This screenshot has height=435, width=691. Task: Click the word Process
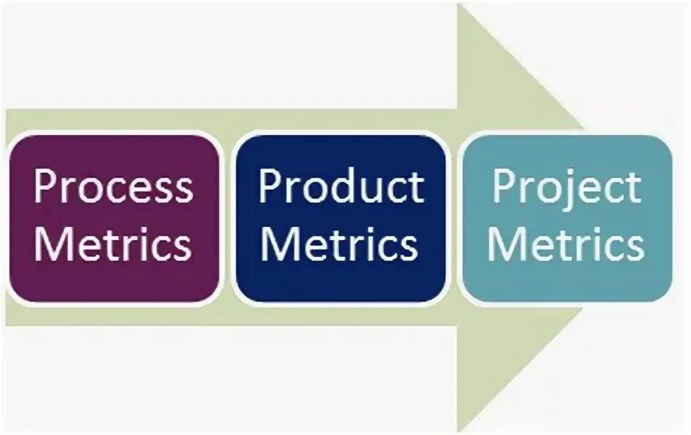113,188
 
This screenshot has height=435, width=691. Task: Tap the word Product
341,188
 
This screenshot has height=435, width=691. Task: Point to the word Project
566,188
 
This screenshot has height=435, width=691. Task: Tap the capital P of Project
502,188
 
